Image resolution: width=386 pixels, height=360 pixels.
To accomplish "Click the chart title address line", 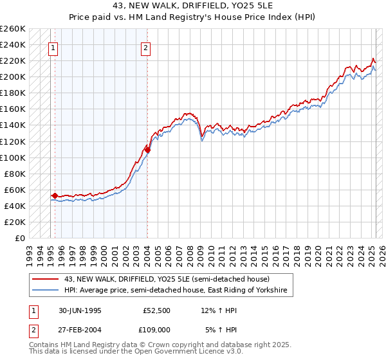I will [x=192, y=7].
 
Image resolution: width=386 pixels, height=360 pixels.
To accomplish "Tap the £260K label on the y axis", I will [x=13, y=29].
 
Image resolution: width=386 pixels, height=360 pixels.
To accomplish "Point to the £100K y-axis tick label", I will [x=13, y=157].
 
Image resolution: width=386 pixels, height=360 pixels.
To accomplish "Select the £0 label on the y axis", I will [x=20, y=239].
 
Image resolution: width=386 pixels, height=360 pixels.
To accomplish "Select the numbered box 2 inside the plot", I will [x=146, y=47].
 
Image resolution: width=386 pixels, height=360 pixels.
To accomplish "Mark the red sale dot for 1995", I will [x=55, y=195].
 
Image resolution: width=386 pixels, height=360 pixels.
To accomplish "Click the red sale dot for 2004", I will [x=147, y=150].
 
